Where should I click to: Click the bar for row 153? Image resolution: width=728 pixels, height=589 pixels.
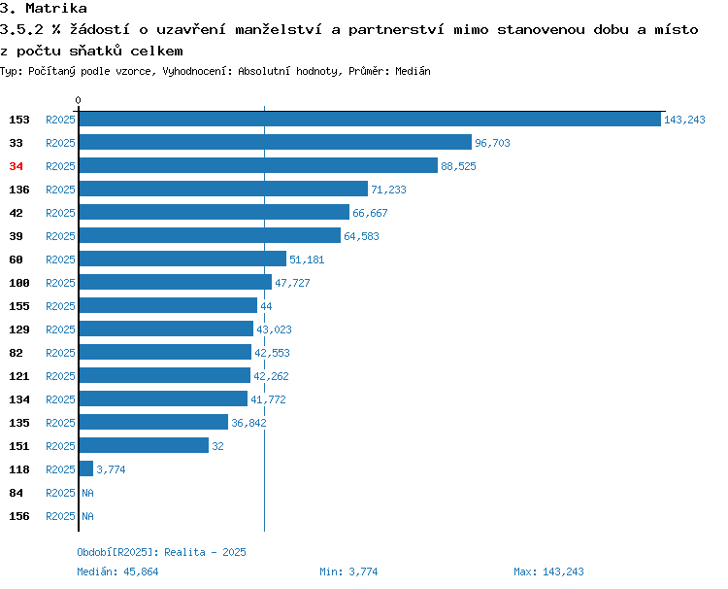[x=370, y=119]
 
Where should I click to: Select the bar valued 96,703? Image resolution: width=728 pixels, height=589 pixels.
[x=276, y=142]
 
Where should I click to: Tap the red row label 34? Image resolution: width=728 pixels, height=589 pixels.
[x=16, y=166]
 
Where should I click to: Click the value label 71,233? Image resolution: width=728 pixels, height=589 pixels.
[x=388, y=190]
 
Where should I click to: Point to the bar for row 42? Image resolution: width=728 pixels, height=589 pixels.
[x=215, y=212]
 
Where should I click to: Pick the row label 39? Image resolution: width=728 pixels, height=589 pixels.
[x=16, y=236]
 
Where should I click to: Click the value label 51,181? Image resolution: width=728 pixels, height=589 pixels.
[x=307, y=260]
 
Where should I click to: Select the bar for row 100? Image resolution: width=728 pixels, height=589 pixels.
[x=176, y=282]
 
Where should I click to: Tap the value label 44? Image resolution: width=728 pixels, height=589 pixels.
[x=266, y=306]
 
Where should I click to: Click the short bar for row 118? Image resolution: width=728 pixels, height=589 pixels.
[x=86, y=468]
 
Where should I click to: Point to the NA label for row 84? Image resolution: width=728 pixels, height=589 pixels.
[x=87, y=493]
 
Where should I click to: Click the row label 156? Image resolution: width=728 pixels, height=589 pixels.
[x=19, y=516]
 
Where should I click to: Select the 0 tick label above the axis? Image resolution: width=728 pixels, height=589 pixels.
[x=78, y=100]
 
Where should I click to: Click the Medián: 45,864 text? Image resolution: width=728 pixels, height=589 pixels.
[x=117, y=572]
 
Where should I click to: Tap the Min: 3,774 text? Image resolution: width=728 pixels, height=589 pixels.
[x=348, y=572]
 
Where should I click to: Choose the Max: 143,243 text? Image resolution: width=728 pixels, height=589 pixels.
[x=548, y=572]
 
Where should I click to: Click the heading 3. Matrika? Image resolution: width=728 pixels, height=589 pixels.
[x=43, y=8]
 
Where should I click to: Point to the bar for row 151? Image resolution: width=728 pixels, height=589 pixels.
[x=144, y=445]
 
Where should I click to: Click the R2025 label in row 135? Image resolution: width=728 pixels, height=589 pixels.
[x=60, y=423]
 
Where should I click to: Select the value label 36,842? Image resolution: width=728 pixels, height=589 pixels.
[x=248, y=423]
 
